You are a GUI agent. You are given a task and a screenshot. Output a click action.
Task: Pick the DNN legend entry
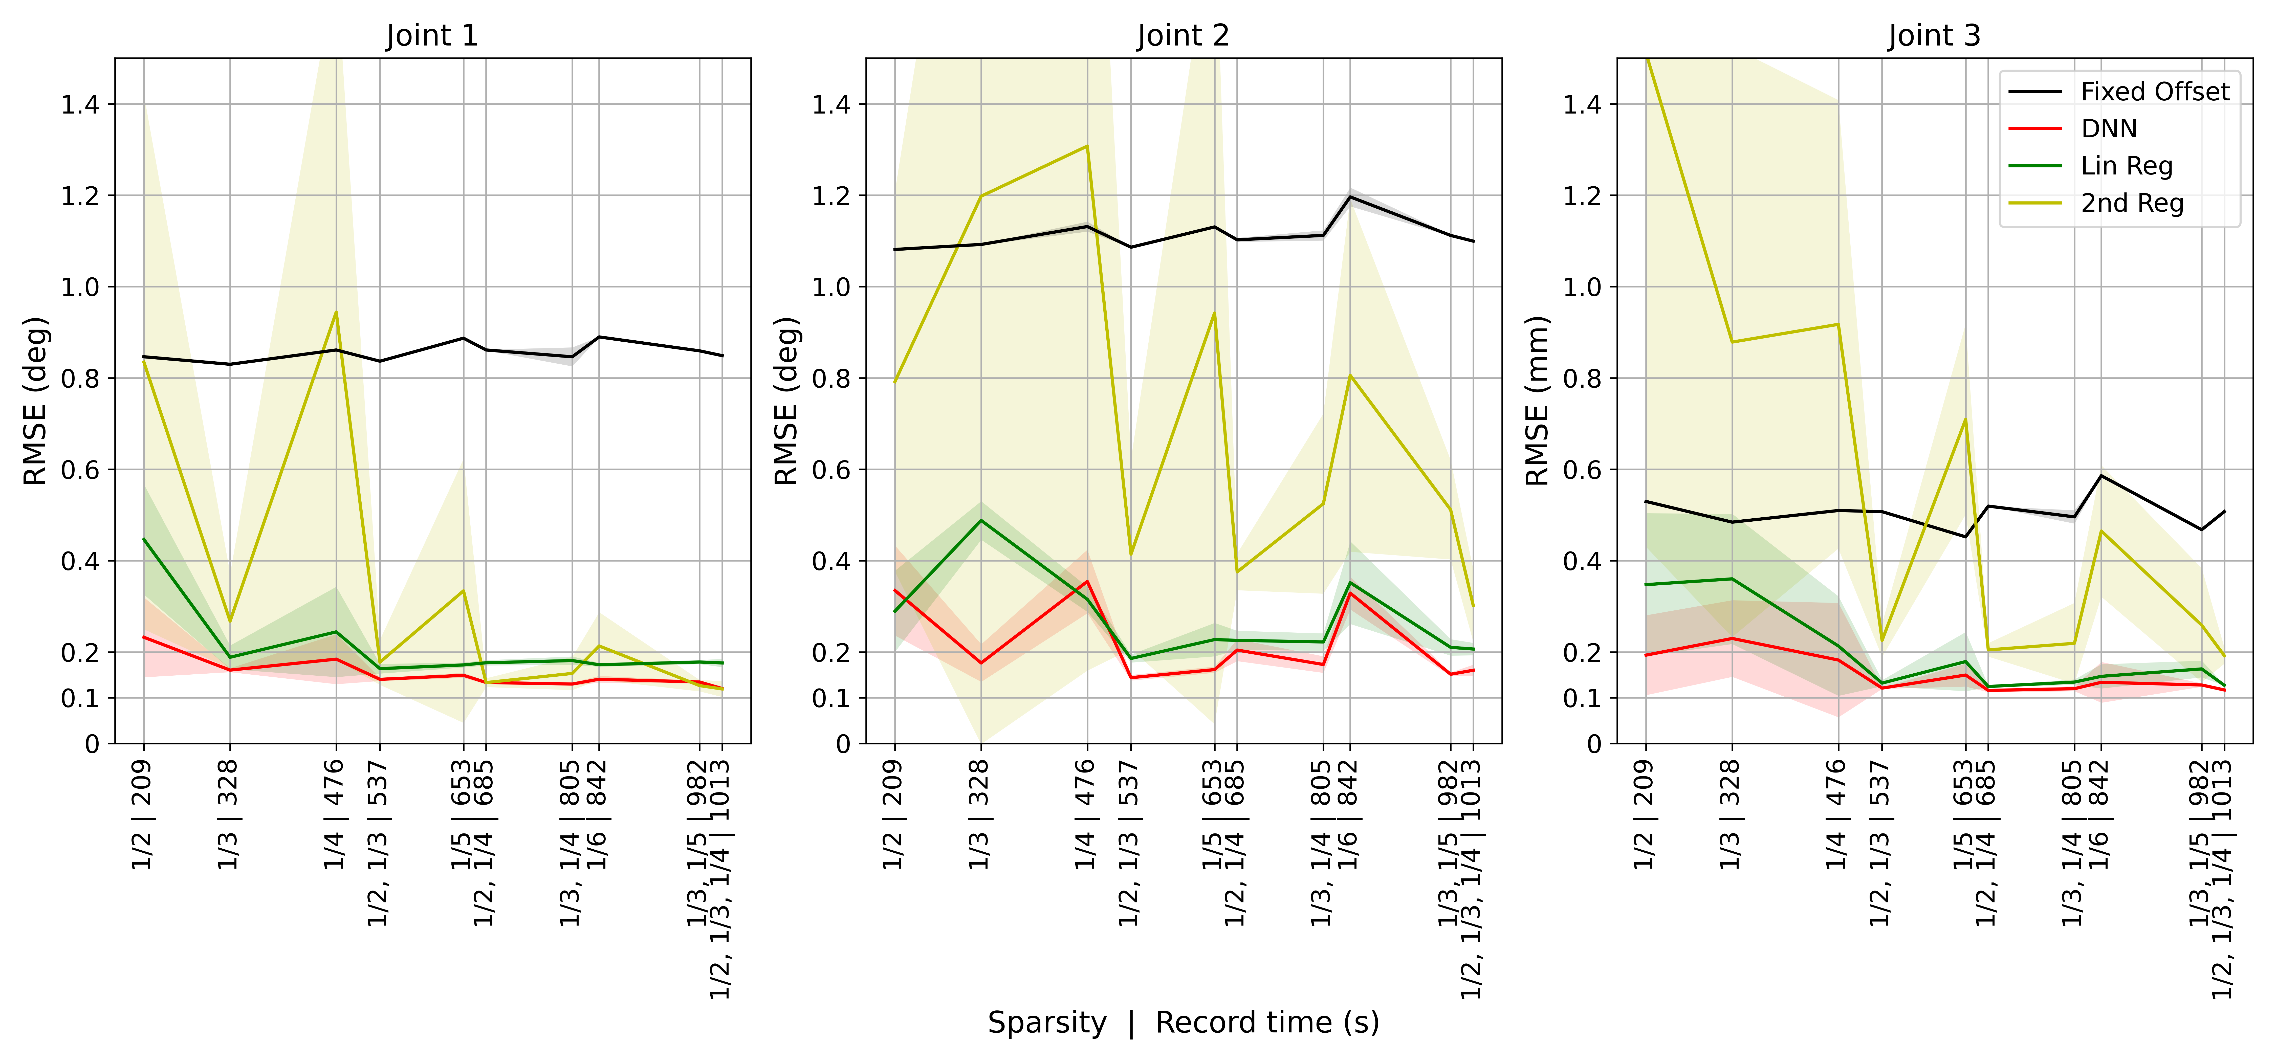pos(2108,129)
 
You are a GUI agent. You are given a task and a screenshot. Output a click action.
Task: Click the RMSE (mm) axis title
pos(1537,400)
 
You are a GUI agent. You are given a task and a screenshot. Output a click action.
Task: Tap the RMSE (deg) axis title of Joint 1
pos(35,400)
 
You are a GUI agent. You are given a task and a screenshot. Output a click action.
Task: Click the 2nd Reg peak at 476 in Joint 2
pos(1087,146)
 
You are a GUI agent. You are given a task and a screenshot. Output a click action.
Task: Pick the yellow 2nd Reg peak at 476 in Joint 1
pos(336,312)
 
